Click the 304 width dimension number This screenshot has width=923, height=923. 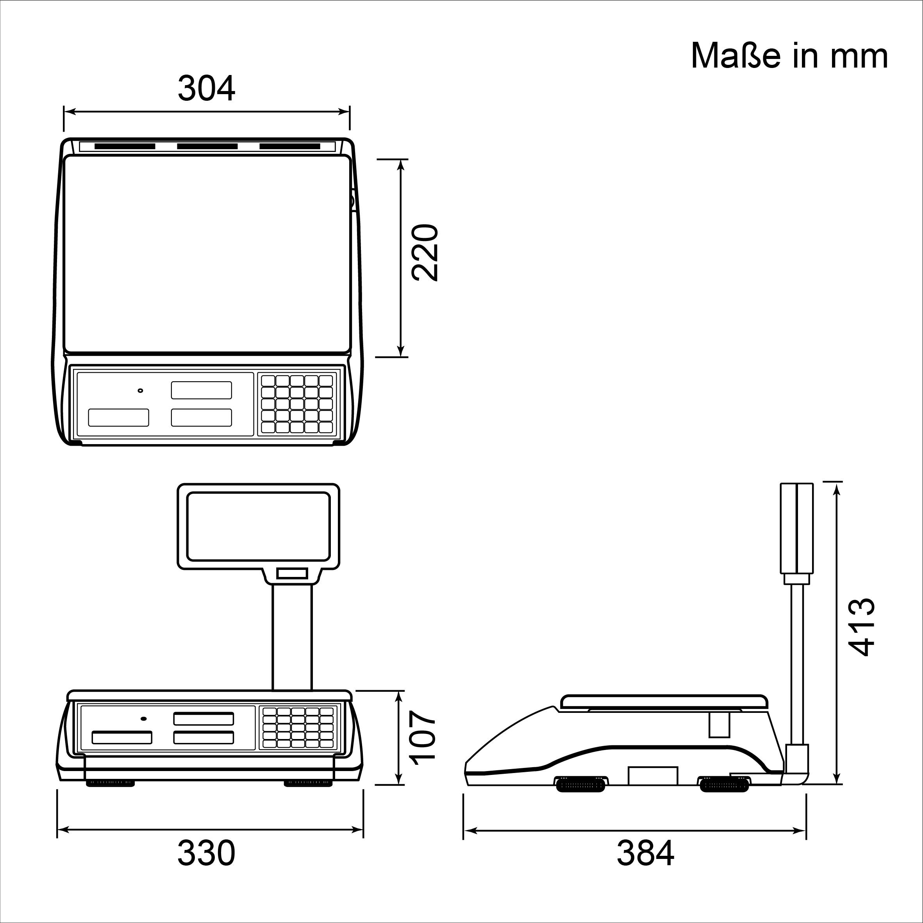206,88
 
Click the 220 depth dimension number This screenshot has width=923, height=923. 425,252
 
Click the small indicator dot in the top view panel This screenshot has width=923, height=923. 140,390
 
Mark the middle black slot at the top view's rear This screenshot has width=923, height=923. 207,146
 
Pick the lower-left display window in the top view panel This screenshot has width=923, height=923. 118,418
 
